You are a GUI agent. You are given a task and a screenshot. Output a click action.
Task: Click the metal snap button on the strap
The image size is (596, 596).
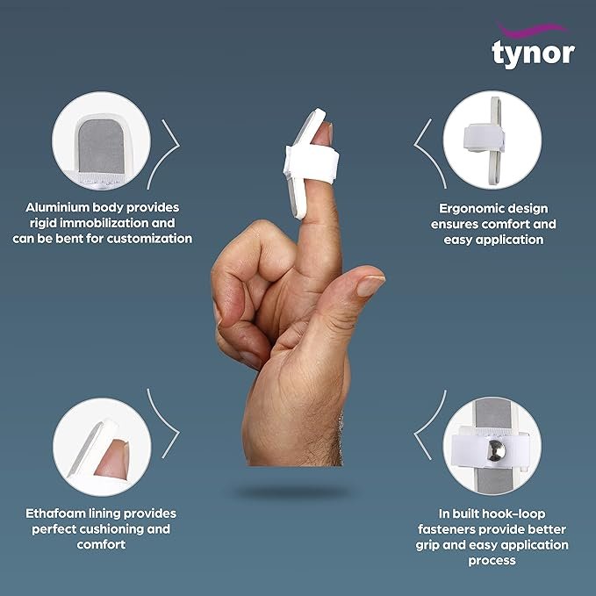point(497,450)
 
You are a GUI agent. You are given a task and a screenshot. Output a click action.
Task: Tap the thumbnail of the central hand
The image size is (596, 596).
point(370,285)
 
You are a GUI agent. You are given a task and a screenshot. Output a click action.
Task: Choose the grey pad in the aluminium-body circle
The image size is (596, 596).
point(102,147)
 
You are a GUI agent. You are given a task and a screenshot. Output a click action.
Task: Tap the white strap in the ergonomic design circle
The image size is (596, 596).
point(483,137)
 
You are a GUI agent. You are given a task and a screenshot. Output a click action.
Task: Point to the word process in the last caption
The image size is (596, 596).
point(492,561)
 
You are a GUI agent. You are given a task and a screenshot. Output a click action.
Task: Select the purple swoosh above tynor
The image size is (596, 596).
point(532,29)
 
